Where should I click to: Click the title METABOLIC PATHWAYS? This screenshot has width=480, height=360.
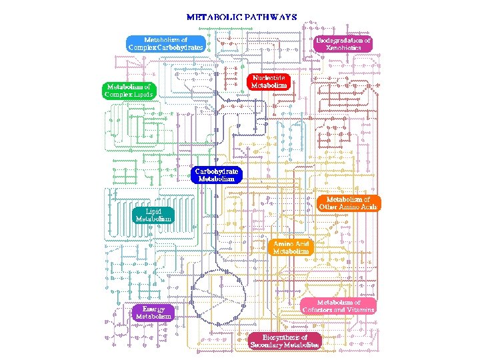coord(241,17)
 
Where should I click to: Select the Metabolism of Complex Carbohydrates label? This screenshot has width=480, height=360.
coord(165,44)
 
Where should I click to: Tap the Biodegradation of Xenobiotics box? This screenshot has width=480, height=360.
coord(343,44)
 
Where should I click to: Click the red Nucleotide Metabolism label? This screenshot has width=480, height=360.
coord(269,81)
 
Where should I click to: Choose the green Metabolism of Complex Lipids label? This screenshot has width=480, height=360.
coord(129,90)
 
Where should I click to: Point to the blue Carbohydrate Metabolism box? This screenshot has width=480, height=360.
coord(217,175)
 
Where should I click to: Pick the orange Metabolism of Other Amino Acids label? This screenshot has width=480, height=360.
coord(348,203)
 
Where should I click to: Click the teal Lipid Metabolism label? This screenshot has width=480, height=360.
coord(153,215)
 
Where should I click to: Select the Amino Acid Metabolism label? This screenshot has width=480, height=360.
coord(291,247)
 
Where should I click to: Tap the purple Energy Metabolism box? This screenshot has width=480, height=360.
coord(153,313)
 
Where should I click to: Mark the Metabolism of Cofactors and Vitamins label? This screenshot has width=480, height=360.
coord(339,307)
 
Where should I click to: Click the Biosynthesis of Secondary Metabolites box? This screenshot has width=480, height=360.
coord(285,341)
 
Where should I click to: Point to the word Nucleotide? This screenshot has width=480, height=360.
coord(269,77)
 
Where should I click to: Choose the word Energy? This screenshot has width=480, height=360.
coord(153,309)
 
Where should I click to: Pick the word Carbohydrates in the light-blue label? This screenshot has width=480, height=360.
coord(180,48)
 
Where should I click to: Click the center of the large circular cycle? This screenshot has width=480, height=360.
coord(218,297)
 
